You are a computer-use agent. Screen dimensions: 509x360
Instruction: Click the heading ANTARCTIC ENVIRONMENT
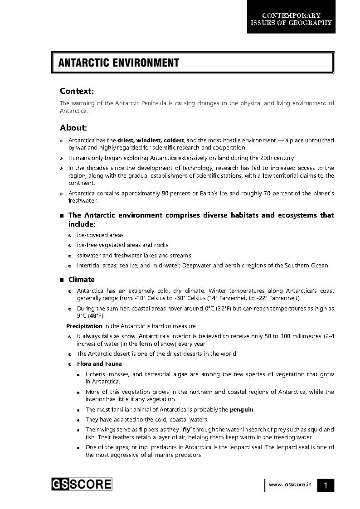coord(119,63)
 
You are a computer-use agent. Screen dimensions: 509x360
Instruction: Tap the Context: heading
coord(77,91)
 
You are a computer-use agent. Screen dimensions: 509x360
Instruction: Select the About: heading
coord(73,128)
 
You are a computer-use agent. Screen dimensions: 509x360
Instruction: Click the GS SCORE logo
coord(81,484)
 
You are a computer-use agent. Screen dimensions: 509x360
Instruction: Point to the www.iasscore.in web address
coord(290,485)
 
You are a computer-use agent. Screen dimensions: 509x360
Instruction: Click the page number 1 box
coord(325,485)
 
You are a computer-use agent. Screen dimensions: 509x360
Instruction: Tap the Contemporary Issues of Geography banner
coord(291,19)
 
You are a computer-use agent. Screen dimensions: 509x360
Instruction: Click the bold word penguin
coord(242,410)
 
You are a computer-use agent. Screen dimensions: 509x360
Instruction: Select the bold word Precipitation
coord(84,326)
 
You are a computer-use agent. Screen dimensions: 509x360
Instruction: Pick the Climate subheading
coord(82,280)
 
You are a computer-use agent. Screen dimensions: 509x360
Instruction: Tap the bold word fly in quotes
coord(185,430)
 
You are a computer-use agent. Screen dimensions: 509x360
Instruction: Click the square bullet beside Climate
coord(62,280)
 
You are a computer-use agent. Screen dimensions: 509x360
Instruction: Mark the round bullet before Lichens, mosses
coord(79,375)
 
